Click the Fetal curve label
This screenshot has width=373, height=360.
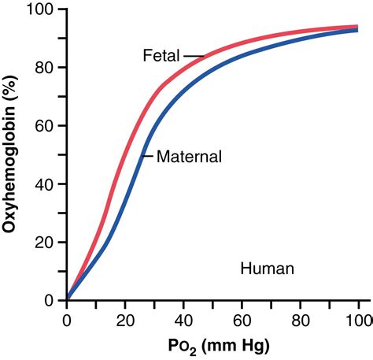pyautogui.click(x=161, y=56)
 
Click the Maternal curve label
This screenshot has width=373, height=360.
pyautogui.click(x=189, y=157)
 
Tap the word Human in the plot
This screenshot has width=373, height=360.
pyautogui.click(x=267, y=269)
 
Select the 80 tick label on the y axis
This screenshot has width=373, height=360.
pyautogui.click(x=46, y=68)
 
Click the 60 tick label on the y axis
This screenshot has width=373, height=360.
pyautogui.click(x=46, y=126)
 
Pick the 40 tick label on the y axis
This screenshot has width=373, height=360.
pyautogui.click(x=46, y=184)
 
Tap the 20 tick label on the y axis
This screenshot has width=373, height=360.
pyautogui.click(x=46, y=243)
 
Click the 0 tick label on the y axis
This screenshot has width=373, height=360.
pyautogui.click(x=50, y=300)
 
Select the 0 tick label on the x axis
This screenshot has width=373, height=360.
pyautogui.click(x=67, y=320)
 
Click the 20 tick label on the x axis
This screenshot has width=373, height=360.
pyautogui.click(x=125, y=320)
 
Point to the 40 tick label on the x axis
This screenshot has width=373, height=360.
pyautogui.click(x=183, y=320)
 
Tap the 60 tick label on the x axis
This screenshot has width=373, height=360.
pyautogui.click(x=242, y=320)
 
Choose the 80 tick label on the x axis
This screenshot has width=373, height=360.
pyautogui.click(x=300, y=320)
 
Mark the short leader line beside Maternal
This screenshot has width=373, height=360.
pyautogui.click(x=147, y=156)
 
